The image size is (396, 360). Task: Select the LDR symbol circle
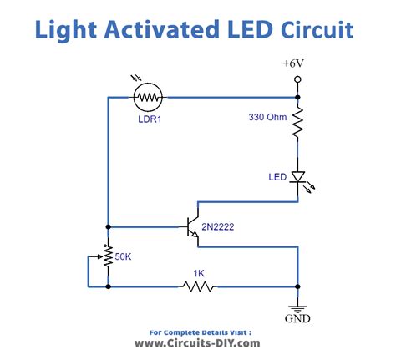[x=151, y=99]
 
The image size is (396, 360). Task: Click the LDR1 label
[x=151, y=119]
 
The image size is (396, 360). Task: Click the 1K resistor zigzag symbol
[x=197, y=286]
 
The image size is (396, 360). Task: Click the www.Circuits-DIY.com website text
[x=197, y=342]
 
